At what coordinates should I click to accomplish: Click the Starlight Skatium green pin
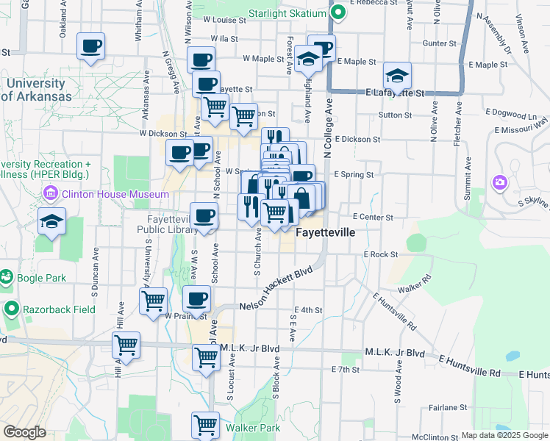338,12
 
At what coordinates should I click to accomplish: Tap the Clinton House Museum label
115,195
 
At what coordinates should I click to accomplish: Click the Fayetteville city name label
325,232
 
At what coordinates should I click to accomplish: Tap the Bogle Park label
43,278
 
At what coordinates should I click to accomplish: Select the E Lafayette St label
395,93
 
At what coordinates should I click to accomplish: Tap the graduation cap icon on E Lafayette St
397,76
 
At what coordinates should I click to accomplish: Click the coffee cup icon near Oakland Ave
91,46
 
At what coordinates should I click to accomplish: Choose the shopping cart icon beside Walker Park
206,425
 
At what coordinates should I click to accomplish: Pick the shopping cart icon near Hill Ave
126,344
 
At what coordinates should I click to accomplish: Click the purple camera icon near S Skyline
500,182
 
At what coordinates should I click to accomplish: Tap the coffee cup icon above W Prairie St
196,299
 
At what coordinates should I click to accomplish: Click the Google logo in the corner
24,432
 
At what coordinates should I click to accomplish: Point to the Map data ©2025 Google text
504,435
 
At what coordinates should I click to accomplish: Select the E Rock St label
380,254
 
